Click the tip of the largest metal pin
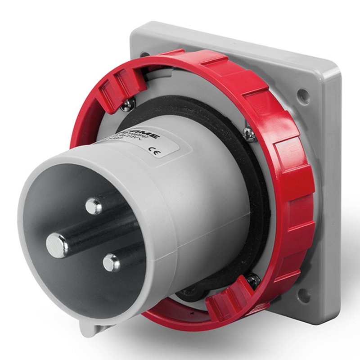pos(57,245)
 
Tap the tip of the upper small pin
pos(94,206)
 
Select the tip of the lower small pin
pos(111,262)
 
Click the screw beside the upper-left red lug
pos(127,104)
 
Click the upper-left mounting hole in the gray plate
pos(145,55)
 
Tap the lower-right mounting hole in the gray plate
pos(304,295)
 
